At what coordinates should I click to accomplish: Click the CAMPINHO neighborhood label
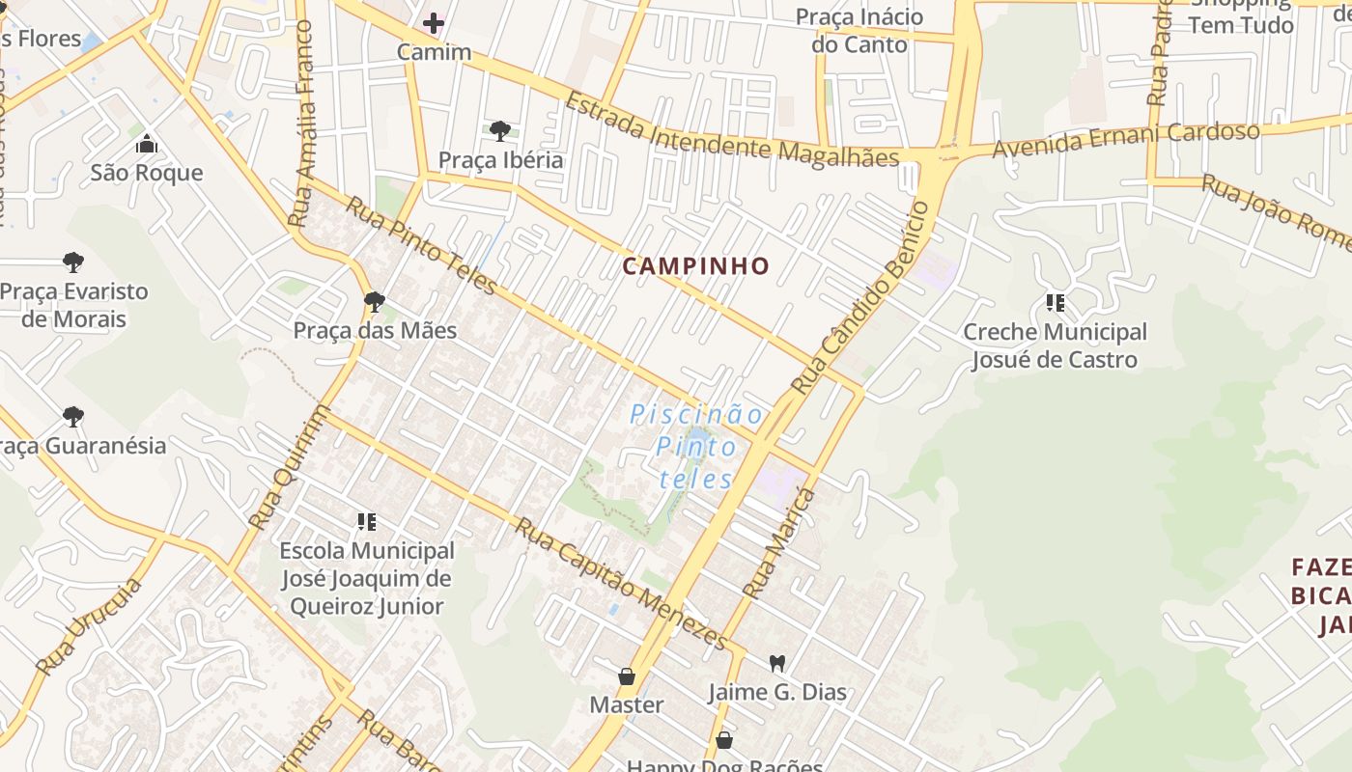pos(695,266)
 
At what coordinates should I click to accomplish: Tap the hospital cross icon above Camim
pos(434,22)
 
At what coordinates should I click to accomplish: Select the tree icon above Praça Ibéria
pos(499,130)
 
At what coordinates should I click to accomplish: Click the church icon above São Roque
pos(147,144)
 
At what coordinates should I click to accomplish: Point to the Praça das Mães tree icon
pos(375,302)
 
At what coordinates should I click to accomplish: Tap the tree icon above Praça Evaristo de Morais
pos(72,262)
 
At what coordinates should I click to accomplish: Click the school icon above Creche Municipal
pos(1055,303)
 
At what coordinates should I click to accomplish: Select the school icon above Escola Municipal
pos(366,522)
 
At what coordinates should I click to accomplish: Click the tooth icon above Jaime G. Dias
pos(776,663)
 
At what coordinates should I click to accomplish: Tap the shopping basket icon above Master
pos(627,675)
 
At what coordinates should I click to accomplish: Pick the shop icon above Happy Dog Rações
pos(724,740)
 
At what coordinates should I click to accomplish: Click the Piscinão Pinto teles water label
pos(695,447)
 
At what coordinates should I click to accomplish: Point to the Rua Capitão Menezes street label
pos(619,583)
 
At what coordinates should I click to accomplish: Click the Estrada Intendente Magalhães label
pos(731,131)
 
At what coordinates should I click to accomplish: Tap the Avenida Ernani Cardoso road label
pos(1125,141)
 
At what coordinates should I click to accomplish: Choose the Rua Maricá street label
pos(779,543)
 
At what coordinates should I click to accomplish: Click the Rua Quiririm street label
pos(289,467)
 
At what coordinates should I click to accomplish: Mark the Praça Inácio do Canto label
pos(859,31)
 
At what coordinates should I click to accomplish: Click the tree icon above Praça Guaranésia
pos(72,417)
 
